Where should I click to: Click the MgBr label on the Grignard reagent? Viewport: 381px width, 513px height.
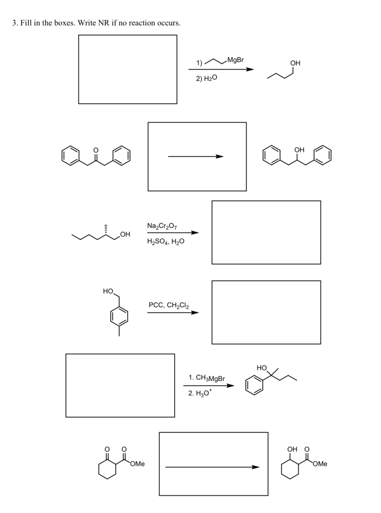(235, 60)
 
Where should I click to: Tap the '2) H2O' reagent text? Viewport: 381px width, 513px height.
(206, 78)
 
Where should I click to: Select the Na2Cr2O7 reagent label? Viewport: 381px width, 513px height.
(162, 226)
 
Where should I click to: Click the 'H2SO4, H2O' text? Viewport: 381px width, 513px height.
(165, 241)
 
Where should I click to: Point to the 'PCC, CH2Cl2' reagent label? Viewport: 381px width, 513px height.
(169, 305)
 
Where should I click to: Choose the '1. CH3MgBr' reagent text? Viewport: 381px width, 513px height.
(206, 378)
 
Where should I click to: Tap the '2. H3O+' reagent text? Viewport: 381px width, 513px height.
(200, 393)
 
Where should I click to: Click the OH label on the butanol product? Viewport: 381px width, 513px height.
(295, 63)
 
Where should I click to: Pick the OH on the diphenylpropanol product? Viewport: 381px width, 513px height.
(299, 150)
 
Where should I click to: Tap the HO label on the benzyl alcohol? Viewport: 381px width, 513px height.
(108, 291)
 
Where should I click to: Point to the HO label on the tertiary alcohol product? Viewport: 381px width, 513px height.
(262, 368)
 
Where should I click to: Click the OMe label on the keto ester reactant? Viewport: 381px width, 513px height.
(138, 464)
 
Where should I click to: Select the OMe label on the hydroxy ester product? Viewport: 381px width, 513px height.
(320, 464)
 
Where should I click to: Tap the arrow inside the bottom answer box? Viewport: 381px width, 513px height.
(212, 467)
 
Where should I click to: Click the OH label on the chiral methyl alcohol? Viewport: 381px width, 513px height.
(125, 234)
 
